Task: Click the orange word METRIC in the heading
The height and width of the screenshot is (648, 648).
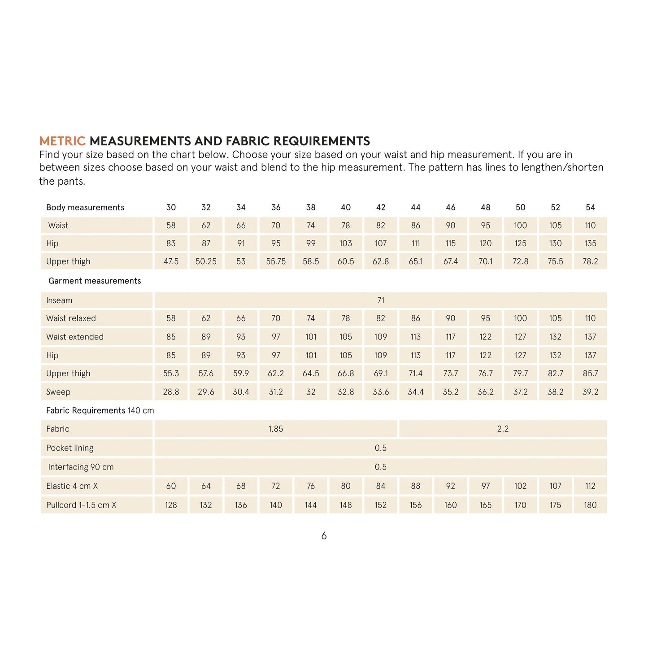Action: pyautogui.click(x=62, y=141)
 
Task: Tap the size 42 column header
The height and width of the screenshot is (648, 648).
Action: pyautogui.click(x=381, y=207)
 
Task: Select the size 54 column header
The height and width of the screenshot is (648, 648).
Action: pyautogui.click(x=590, y=207)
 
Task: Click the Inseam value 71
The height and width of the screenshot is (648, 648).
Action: pyautogui.click(x=381, y=300)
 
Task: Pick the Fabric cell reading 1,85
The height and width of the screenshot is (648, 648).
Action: pyautogui.click(x=276, y=429)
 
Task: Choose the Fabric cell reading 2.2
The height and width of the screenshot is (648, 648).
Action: pyautogui.click(x=503, y=429)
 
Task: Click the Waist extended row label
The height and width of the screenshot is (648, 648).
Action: pyautogui.click(x=74, y=337)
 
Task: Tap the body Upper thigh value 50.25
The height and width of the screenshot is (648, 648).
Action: pyautogui.click(x=206, y=261)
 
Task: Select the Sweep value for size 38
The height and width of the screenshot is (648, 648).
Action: pyautogui.click(x=311, y=392)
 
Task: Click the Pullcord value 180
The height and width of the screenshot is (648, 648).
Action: pyautogui.click(x=590, y=505)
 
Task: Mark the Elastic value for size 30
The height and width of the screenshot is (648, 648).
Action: pyautogui.click(x=171, y=486)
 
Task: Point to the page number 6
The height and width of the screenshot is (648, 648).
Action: pyautogui.click(x=324, y=536)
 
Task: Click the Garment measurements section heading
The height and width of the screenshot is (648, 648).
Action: pyautogui.click(x=95, y=281)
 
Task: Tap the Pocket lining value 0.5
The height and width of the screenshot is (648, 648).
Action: pyautogui.click(x=381, y=448)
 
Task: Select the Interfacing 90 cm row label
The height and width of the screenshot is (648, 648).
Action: pyautogui.click(x=81, y=467)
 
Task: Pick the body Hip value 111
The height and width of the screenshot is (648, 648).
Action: pyautogui.click(x=416, y=244)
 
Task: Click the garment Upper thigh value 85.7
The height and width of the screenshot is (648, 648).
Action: pyautogui.click(x=590, y=374)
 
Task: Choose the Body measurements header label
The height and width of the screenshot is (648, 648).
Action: pyautogui.click(x=85, y=207)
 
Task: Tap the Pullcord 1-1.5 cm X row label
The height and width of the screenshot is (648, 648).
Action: pyautogui.click(x=81, y=505)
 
